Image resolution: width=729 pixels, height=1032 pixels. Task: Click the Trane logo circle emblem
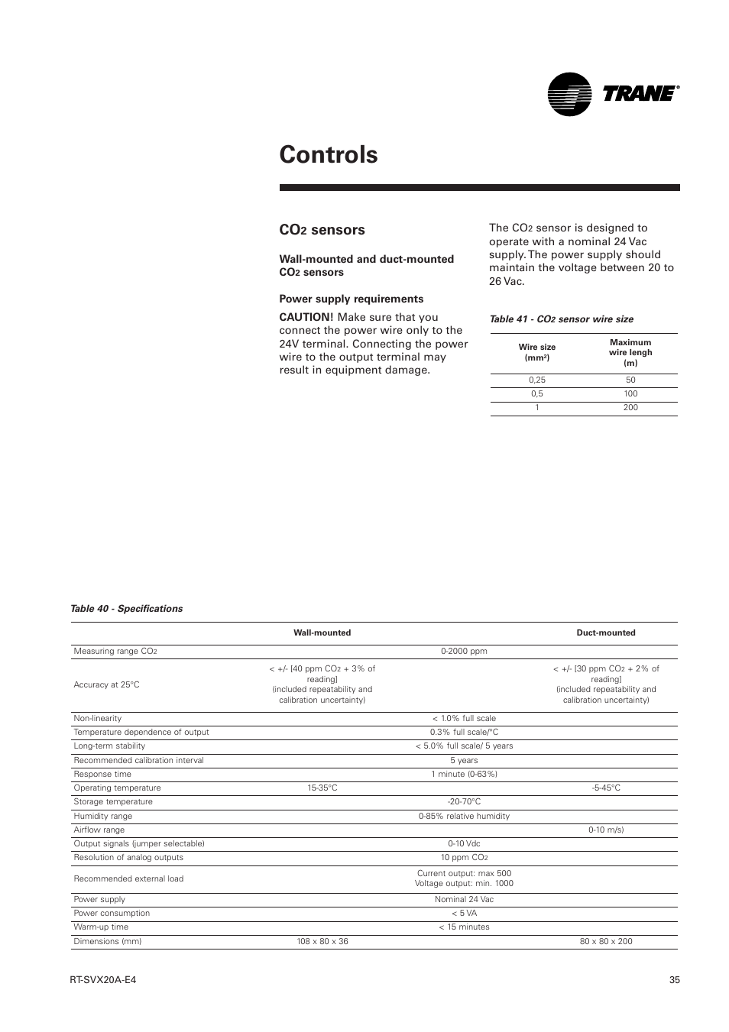tap(569, 94)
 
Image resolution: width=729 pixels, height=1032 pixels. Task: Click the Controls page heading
tap(329, 154)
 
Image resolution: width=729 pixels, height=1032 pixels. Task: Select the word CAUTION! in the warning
tap(305, 317)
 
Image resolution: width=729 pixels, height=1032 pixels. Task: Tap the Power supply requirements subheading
tap(351, 299)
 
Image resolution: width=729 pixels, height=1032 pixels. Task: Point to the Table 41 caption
tap(561, 319)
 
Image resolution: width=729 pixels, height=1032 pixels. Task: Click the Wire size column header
tap(536, 352)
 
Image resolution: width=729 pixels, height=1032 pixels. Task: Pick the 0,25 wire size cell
tap(536, 380)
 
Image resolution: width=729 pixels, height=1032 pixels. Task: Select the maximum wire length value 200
tap(630, 407)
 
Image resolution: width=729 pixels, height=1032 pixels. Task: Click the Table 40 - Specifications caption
tap(126, 609)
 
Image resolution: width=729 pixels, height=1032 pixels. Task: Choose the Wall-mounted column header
tap(322, 632)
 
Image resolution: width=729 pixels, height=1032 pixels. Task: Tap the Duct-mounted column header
tap(605, 632)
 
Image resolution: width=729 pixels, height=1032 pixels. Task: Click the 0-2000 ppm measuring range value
tap(464, 652)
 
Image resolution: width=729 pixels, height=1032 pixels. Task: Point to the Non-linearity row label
tap(97, 718)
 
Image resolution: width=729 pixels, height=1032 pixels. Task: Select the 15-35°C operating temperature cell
tap(322, 788)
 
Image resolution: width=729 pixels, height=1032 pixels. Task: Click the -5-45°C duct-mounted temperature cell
tap(605, 788)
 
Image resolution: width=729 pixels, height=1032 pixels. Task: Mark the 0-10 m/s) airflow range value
tap(605, 830)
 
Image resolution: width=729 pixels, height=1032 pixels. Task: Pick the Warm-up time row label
tap(101, 927)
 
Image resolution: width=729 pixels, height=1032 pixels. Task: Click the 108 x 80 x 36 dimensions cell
tap(322, 941)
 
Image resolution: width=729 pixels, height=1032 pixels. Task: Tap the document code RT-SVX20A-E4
tap(102, 980)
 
